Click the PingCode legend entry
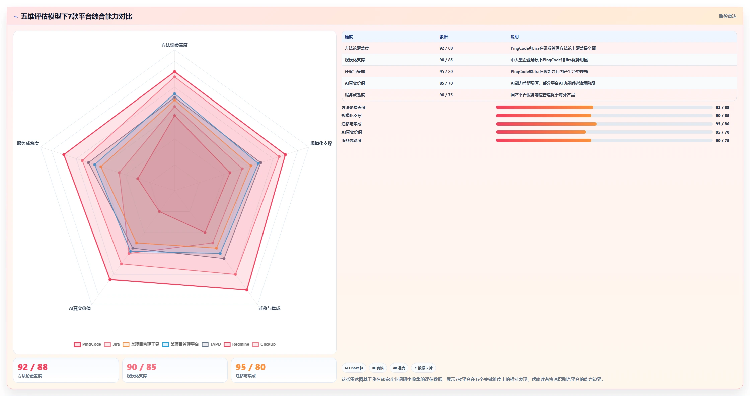[x=87, y=344]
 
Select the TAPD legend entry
[x=211, y=344]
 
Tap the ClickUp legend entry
[x=264, y=344]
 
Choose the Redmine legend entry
[x=236, y=344]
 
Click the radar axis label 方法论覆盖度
[x=174, y=45]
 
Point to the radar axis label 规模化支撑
[x=321, y=143]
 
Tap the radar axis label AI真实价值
[x=80, y=308]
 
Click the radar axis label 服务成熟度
[x=28, y=143]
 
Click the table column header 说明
[x=515, y=37]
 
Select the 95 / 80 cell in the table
[x=446, y=72]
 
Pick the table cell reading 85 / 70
[x=446, y=83]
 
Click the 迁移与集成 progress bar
[x=604, y=124]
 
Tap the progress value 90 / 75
[x=722, y=141]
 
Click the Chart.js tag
[x=354, y=368]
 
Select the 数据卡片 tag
[x=424, y=368]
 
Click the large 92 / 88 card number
[x=33, y=367]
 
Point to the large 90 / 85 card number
[x=142, y=367]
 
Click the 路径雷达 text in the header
[x=727, y=16]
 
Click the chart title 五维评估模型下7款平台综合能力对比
[x=76, y=16]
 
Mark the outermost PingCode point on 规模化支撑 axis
[x=285, y=155]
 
